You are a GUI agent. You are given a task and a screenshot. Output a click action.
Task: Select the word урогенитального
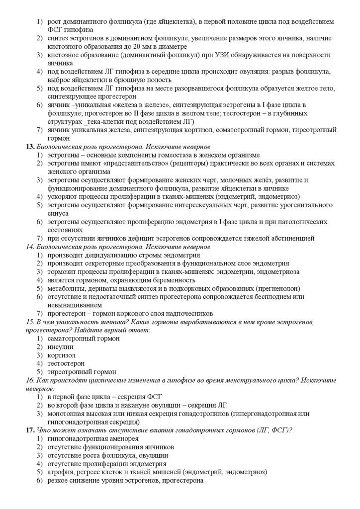click(x=303, y=205)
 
